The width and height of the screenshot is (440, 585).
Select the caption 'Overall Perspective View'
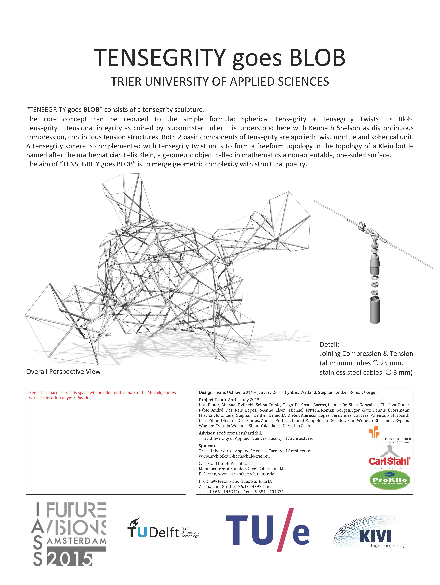click(x=63, y=372)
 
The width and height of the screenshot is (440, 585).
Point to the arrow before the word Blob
click(x=388, y=119)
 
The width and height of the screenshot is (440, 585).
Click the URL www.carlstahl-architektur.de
click(x=246, y=474)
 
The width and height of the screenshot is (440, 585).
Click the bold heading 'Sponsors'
click(x=208, y=446)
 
